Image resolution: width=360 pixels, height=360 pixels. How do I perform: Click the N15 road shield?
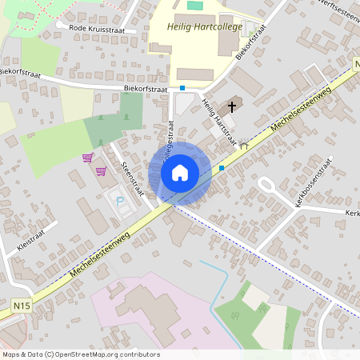[x=21, y=305]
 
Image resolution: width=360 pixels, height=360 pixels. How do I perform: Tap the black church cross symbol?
[x=233, y=106]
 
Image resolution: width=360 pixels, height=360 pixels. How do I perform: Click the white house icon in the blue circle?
[x=179, y=172]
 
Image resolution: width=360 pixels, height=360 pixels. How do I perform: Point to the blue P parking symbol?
[x=121, y=201]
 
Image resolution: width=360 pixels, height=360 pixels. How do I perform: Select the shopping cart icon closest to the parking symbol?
[x=102, y=170]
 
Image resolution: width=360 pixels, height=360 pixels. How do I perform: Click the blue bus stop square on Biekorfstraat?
[x=182, y=87]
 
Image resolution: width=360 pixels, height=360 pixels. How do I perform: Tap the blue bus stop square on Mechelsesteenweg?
[x=222, y=168]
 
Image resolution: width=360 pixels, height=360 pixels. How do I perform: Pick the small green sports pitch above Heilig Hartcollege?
[x=195, y=6]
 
